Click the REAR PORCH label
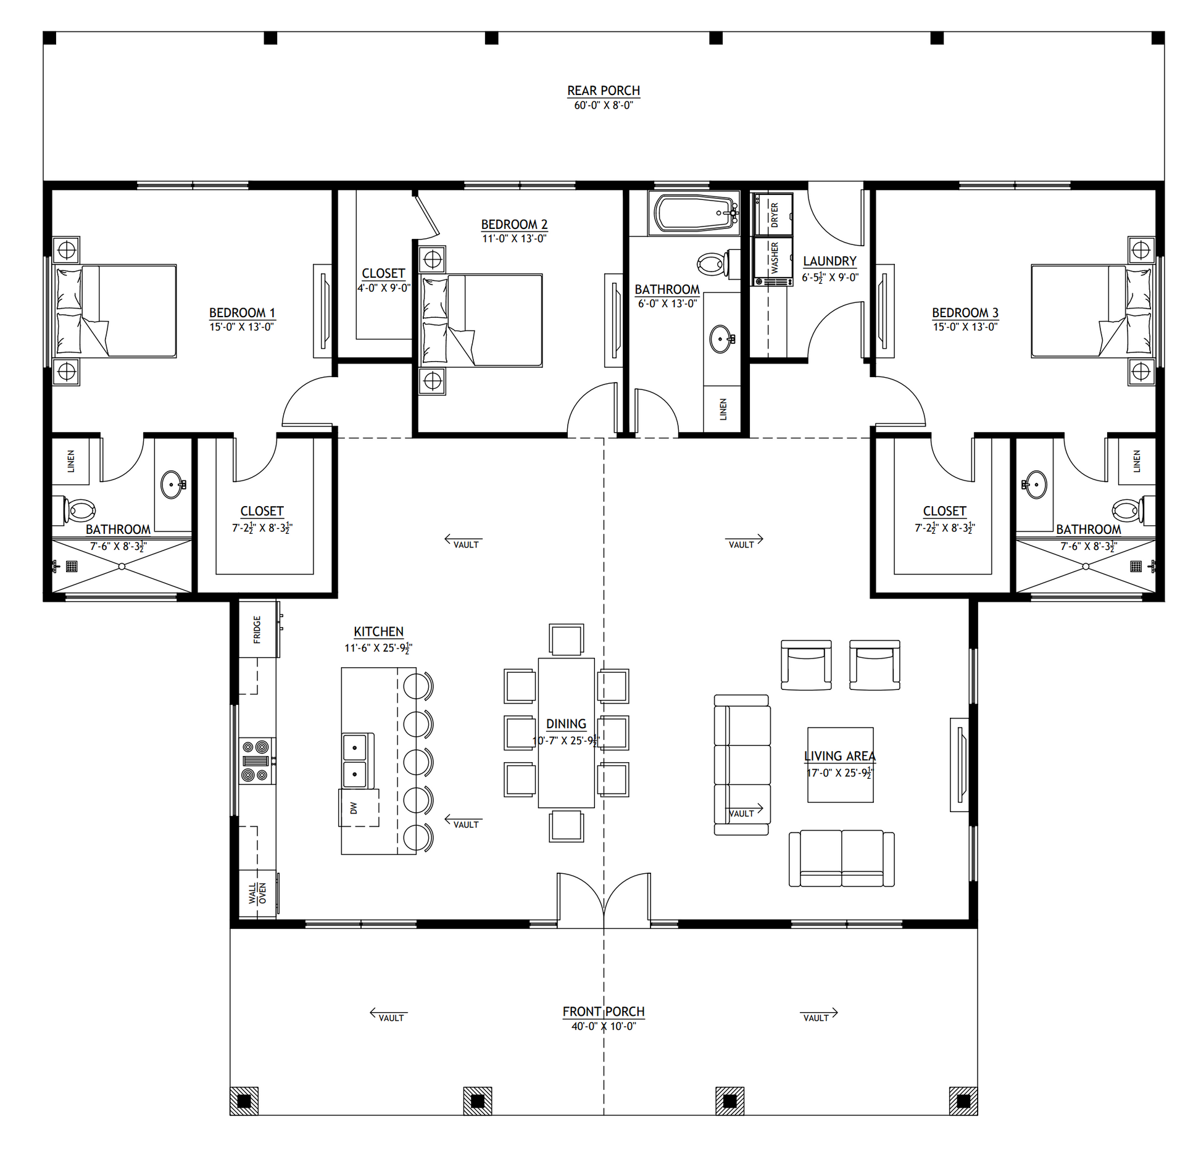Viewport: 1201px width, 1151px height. [603, 91]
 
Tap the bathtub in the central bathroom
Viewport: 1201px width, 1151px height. [694, 213]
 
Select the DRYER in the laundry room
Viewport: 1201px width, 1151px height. [773, 214]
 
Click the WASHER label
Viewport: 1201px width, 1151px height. [775, 257]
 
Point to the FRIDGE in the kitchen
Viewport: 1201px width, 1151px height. [257, 629]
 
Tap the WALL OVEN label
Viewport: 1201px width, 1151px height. [257, 893]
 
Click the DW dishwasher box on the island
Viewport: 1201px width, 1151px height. [359, 807]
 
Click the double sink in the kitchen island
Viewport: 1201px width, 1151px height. [355, 761]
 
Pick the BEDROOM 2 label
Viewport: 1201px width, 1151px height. [514, 225]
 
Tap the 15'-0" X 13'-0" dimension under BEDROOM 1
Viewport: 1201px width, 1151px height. [241, 327]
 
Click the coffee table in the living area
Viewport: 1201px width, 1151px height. [840, 765]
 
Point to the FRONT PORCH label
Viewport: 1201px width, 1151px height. [603, 1012]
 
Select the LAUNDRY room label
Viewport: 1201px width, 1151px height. [829, 261]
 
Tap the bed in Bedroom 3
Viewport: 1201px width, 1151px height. [1091, 311]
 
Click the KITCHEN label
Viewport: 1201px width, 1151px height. [378, 631]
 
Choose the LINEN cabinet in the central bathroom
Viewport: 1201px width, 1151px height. [722, 409]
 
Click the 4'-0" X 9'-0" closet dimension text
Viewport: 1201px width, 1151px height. [384, 288]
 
